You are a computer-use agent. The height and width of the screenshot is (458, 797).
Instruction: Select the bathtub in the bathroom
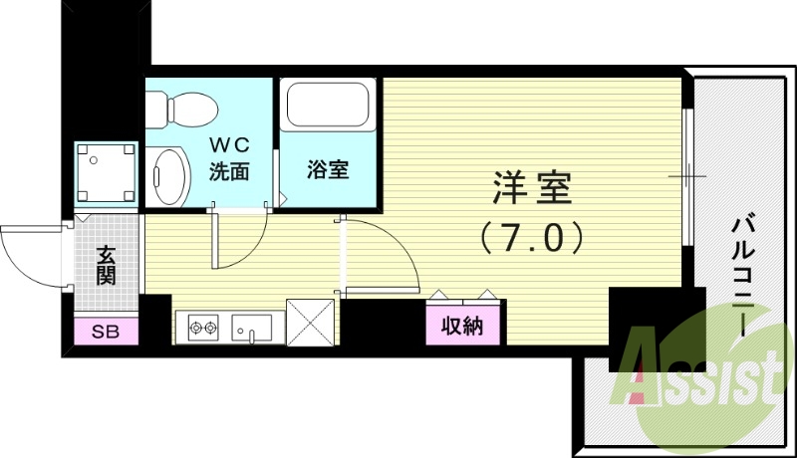(328, 105)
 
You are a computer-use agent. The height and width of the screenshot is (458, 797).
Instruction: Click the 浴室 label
(328, 169)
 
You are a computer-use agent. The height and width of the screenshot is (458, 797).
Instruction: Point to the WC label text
(230, 145)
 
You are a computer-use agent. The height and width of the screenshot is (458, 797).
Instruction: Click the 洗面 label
(229, 171)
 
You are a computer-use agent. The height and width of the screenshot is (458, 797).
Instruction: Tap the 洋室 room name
(532, 188)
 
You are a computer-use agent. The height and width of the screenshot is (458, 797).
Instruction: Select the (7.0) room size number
(532, 238)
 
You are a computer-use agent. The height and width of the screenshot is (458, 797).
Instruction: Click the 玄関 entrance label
(107, 265)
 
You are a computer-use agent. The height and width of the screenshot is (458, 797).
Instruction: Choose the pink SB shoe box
(107, 332)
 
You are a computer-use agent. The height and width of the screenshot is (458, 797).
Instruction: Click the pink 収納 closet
(462, 326)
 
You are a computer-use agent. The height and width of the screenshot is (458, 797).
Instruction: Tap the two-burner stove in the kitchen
(203, 328)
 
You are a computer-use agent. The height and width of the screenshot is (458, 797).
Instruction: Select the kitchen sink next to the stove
(252, 328)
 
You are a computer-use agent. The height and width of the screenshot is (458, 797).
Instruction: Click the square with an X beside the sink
(311, 323)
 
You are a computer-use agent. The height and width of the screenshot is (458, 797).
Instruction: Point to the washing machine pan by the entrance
(107, 172)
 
